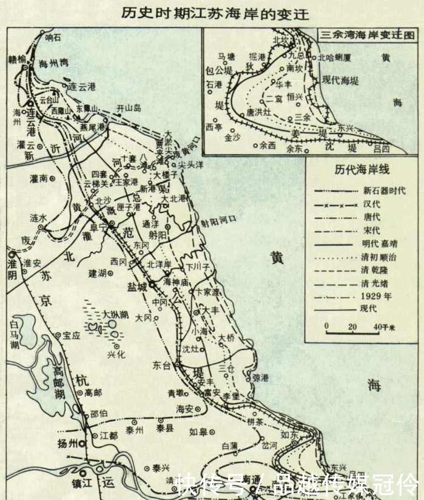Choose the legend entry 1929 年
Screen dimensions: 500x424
point(375,296)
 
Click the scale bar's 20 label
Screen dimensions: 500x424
point(351,327)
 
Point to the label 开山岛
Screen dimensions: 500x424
point(129,108)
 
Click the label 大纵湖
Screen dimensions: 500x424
point(115,314)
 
